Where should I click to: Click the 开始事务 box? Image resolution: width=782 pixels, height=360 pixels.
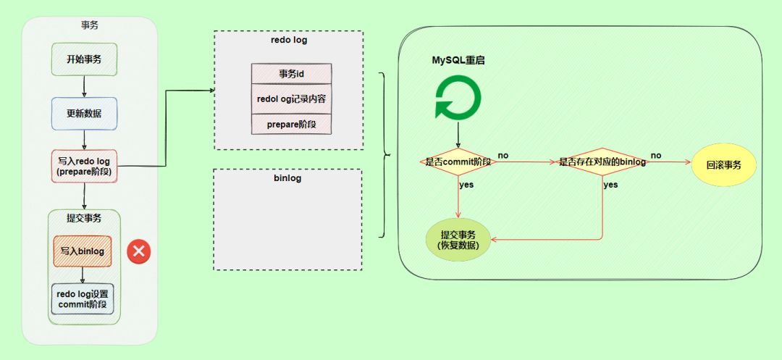click(85, 59)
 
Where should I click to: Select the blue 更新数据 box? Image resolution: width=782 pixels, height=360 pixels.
click(84, 114)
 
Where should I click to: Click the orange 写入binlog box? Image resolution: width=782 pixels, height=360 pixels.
click(83, 251)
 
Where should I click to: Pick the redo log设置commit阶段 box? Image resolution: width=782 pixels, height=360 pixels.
click(83, 298)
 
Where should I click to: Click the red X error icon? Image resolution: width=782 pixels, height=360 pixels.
click(138, 251)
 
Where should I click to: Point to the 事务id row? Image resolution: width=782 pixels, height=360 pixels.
click(291, 74)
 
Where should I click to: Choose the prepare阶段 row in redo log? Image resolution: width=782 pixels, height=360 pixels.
click(291, 124)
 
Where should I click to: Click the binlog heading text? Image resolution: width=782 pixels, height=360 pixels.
click(287, 177)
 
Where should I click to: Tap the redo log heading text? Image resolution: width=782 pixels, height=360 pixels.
click(287, 40)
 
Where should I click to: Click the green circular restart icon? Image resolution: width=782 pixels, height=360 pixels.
click(458, 99)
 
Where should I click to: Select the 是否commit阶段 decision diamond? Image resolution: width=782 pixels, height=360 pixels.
click(458, 162)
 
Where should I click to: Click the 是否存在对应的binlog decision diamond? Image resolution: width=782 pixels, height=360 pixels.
click(602, 162)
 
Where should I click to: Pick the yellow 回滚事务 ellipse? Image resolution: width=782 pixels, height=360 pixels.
click(724, 164)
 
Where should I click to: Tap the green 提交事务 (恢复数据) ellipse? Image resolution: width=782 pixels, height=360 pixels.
click(458, 240)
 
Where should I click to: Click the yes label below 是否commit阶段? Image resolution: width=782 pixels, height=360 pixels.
click(467, 185)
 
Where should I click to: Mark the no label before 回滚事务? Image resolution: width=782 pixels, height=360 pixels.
click(656, 155)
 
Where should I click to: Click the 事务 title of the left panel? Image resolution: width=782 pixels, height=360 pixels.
click(90, 25)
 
